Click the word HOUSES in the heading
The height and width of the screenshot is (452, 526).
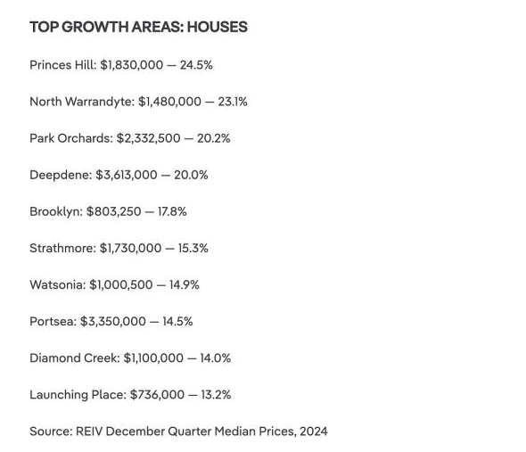(x=218, y=27)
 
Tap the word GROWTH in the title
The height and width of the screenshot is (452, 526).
(x=95, y=27)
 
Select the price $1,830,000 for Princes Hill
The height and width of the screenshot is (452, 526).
(x=132, y=65)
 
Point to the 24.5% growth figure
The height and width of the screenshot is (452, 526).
(x=196, y=65)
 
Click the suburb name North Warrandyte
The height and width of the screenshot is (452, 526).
(x=81, y=102)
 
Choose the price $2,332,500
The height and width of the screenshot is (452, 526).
(x=148, y=138)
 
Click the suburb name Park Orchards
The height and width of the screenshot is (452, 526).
(x=70, y=138)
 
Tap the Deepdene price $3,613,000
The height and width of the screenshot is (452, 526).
(x=126, y=175)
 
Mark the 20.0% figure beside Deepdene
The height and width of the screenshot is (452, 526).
(x=191, y=175)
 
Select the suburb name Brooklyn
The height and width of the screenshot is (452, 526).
(x=55, y=212)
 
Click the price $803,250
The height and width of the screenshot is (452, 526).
(x=113, y=211)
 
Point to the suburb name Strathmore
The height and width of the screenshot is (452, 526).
(x=62, y=249)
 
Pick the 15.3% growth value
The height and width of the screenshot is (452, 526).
(x=193, y=249)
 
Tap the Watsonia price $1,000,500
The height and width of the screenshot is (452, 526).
(x=120, y=285)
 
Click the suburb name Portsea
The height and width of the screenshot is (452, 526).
(x=53, y=322)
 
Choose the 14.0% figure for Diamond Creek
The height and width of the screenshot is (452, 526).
(x=216, y=358)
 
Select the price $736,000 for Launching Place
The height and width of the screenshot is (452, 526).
(x=157, y=395)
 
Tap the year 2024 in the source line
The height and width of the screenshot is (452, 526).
(x=314, y=431)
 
